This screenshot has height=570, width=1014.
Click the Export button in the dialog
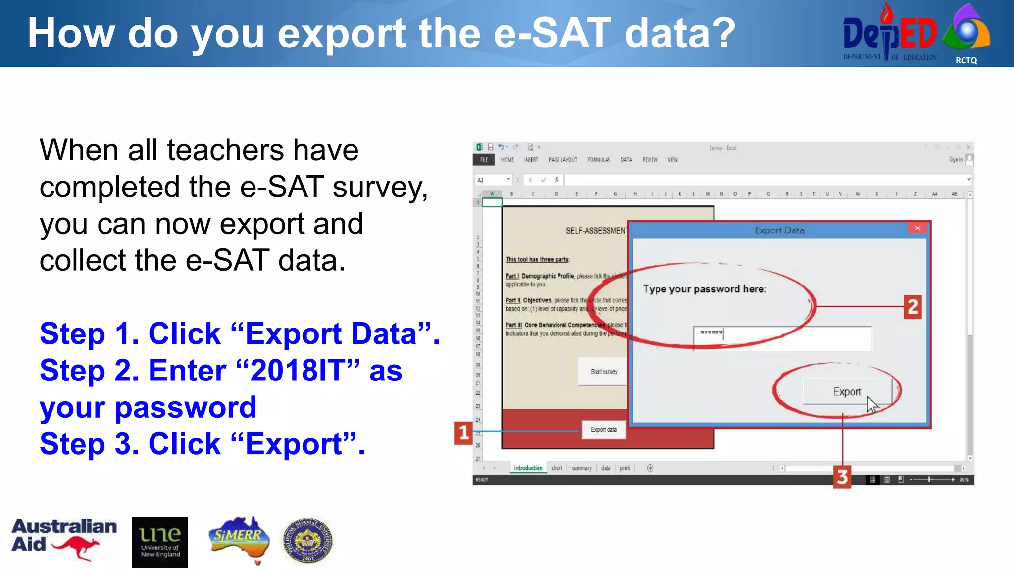847,392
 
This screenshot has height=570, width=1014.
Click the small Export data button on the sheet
604,430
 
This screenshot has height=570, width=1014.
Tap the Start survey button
604,371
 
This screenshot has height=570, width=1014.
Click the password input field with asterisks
782,338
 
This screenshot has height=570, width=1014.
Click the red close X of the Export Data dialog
917,228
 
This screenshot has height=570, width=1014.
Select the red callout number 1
463,433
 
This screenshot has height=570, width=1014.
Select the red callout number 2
913,307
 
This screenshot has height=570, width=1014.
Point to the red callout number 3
842,477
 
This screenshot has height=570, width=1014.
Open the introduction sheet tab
528,468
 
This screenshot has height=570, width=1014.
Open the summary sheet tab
581,468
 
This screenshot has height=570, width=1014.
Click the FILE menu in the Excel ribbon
484,160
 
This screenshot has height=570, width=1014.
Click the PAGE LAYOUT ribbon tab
562,160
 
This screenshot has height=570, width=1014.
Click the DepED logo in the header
890,34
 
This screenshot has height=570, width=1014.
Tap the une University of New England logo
160,542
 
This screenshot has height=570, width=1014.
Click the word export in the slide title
342,34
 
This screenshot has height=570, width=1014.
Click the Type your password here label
704,289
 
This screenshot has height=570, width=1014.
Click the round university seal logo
307,541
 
